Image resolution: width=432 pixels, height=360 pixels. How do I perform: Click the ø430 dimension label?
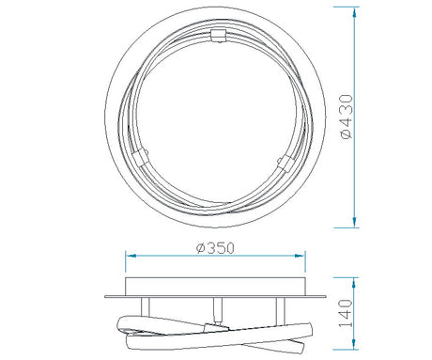[347, 117]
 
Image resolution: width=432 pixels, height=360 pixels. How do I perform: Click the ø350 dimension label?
[215, 248]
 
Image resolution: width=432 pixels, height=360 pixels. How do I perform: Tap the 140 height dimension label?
[347, 313]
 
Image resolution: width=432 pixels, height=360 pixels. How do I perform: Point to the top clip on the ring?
[218, 35]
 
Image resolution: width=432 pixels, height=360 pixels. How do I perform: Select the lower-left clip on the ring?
[140, 157]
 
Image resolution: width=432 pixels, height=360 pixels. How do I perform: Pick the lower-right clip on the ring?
[286, 164]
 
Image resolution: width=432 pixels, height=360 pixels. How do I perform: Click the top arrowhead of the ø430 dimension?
[354, 12]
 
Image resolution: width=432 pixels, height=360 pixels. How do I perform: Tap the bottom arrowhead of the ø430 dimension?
[354, 222]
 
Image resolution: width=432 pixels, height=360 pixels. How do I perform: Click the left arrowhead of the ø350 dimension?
[131, 256]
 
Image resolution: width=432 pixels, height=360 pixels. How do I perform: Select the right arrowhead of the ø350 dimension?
[300, 256]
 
